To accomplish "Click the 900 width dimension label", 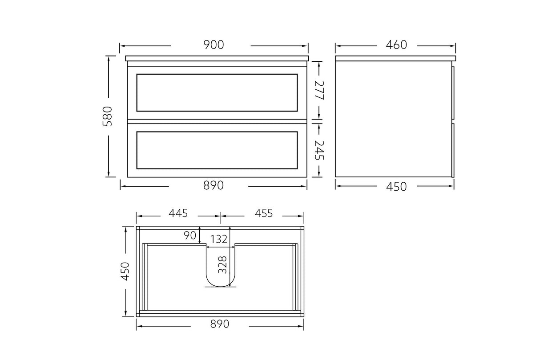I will click(x=214, y=45).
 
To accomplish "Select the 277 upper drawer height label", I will click(x=318, y=90).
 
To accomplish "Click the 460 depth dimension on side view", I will click(x=396, y=45).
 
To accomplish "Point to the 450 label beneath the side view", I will click(x=396, y=187).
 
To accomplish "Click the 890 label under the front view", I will click(x=214, y=186).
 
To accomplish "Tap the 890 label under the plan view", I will click(x=219, y=324).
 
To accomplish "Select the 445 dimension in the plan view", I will click(x=178, y=213).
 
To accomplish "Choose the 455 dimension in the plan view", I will click(x=264, y=213).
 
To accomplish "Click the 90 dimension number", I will click(x=190, y=235).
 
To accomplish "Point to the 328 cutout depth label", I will click(x=223, y=265).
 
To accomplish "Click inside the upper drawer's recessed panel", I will click(x=217, y=92).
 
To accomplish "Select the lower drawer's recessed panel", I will click(x=217, y=150).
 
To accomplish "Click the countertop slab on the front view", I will click(x=217, y=58).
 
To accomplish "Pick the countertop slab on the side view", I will click(x=395, y=58).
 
